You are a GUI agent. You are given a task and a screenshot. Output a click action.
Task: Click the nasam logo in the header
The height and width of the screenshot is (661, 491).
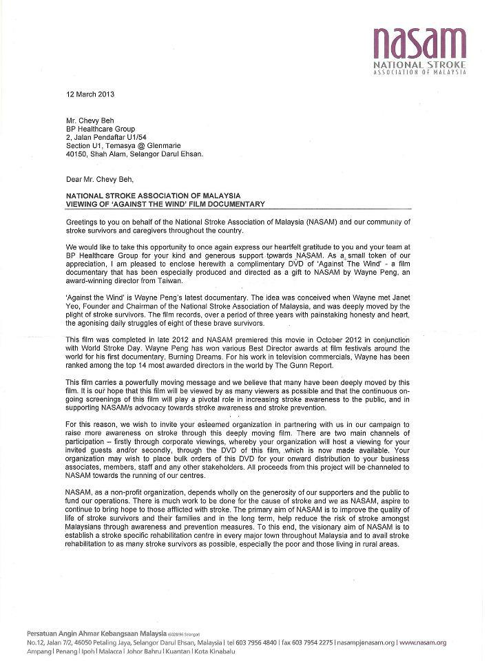pyautogui.click(x=419, y=43)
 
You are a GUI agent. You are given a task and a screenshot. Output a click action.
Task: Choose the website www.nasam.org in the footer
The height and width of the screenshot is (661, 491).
pyautogui.click(x=423, y=642)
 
